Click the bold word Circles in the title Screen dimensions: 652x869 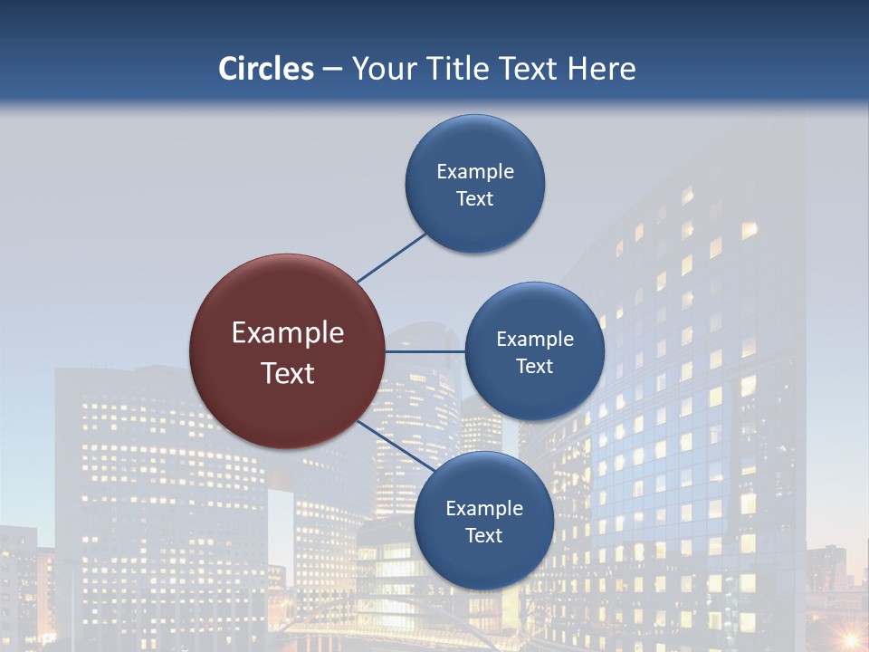[x=265, y=69]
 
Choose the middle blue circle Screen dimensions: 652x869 [x=535, y=394]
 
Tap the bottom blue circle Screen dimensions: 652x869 [x=484, y=561]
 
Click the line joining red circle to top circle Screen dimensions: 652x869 [x=392, y=256]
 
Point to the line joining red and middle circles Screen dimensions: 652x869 [x=425, y=351]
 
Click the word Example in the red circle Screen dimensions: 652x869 [x=288, y=333]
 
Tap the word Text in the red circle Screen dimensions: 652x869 [x=288, y=373]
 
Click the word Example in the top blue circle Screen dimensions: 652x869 [x=475, y=172]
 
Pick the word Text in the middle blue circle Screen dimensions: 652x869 [x=535, y=367]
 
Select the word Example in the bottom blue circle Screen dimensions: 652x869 [x=484, y=509]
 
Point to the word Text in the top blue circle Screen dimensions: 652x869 [x=475, y=199]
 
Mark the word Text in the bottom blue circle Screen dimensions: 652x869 [x=484, y=536]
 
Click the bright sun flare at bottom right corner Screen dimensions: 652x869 [x=850, y=638]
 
